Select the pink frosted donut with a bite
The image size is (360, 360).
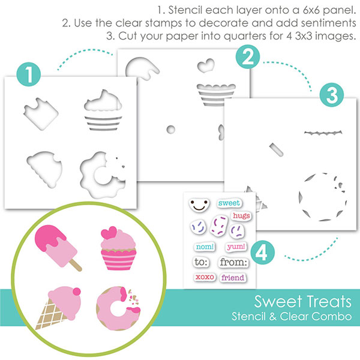118,302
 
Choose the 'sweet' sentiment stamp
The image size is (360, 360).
229,203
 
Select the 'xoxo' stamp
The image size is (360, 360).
204,277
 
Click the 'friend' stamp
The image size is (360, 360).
232,278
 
